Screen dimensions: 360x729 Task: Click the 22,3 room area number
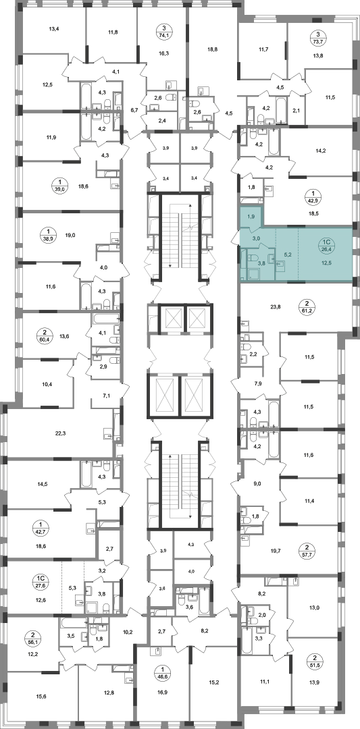click(x=61, y=433)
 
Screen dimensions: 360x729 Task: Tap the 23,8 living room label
click(x=276, y=306)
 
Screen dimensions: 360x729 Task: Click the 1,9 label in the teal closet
click(x=251, y=216)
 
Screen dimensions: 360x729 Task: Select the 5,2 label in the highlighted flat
click(x=287, y=255)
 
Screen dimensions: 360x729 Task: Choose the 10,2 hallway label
click(x=128, y=631)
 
